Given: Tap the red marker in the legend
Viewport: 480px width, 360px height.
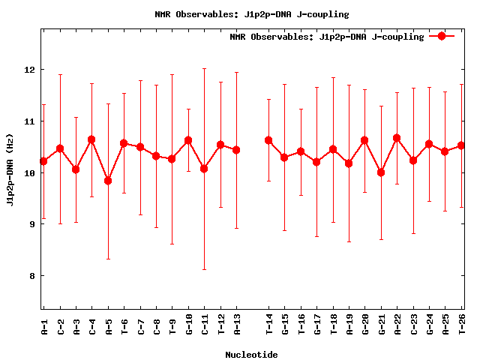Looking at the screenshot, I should pos(442,36).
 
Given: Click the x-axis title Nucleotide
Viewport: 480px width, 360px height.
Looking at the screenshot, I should pos(251,355).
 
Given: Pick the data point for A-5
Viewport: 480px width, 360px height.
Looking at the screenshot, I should pos(108,181).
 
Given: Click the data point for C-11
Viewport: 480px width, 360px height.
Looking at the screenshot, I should pos(204,169).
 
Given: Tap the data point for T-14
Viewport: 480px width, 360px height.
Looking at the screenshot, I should pos(268,140).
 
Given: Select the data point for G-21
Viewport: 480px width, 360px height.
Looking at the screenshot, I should pos(381,172).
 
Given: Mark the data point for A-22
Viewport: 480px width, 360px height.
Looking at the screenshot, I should pos(397,138).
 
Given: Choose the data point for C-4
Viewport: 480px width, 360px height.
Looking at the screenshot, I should pos(91,139).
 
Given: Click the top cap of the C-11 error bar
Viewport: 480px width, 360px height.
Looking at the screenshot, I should pos(204,69).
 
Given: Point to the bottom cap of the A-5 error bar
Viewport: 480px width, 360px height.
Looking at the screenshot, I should pos(108,259).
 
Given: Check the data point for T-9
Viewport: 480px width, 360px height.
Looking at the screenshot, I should pos(172,159).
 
